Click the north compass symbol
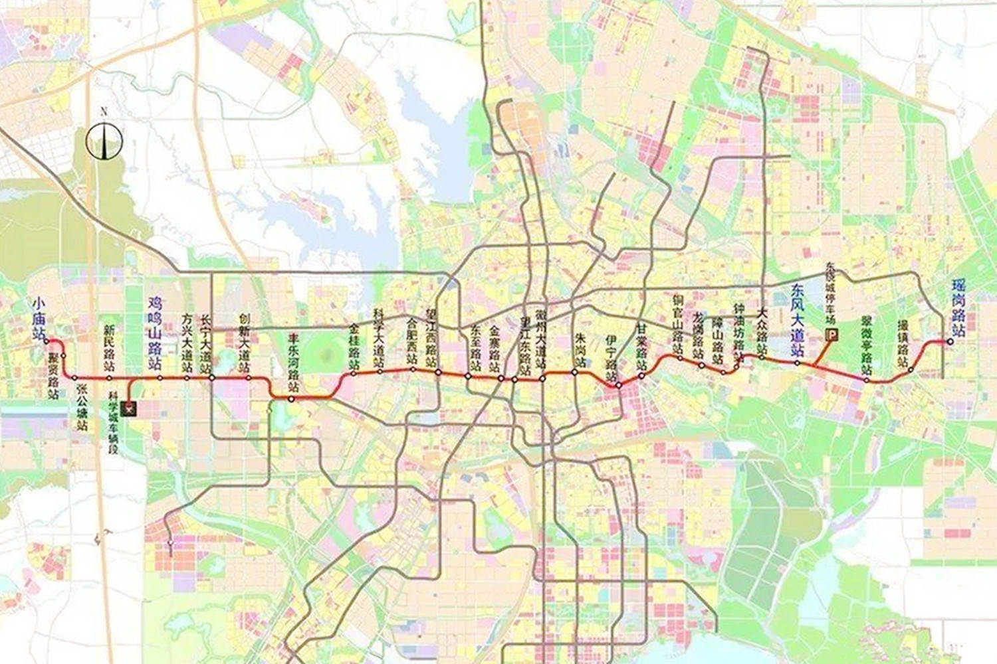[x=104, y=140]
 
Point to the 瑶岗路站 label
[x=958, y=307]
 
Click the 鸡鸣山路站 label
[x=154, y=333]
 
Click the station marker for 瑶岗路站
[x=950, y=342]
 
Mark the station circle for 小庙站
[x=47, y=341]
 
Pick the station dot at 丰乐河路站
[x=291, y=398]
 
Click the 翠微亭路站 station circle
[x=867, y=380]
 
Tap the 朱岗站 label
[x=580, y=352]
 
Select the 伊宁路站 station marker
[x=618, y=384]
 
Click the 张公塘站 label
[x=82, y=407]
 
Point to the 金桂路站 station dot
[x=354, y=373]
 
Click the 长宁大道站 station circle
[x=212, y=378]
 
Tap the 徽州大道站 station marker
[x=543, y=378]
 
